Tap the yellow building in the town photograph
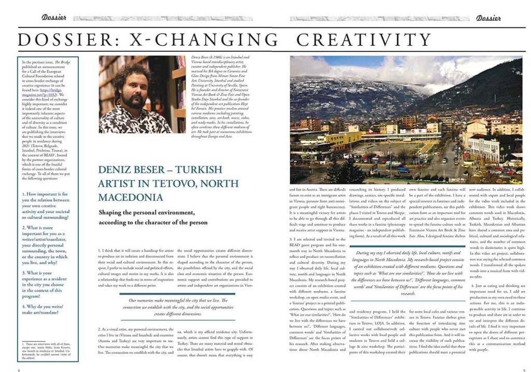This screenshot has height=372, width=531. (338, 139)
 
